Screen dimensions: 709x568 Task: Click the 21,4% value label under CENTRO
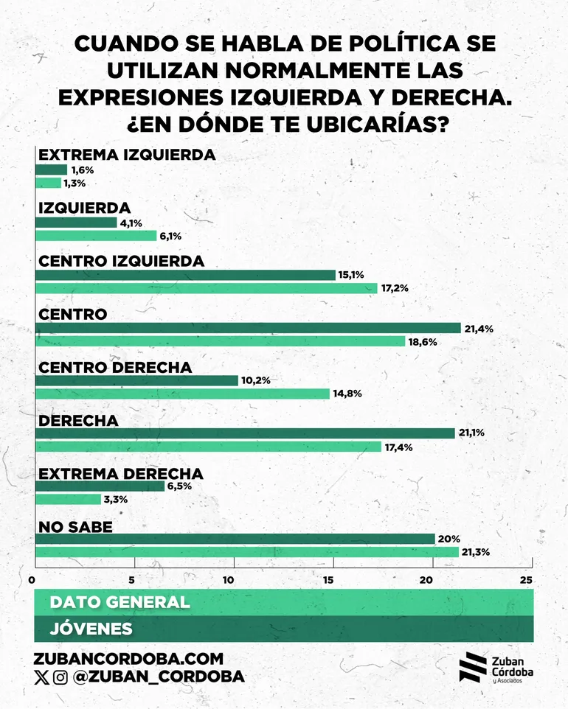click(478, 328)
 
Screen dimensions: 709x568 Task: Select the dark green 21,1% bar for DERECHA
click(245, 433)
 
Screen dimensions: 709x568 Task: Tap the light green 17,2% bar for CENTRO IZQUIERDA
click(207, 288)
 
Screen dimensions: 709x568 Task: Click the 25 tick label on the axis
click(526, 579)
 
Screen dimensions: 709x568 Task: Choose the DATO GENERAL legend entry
click(120, 602)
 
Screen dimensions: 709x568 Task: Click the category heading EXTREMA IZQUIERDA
click(126, 155)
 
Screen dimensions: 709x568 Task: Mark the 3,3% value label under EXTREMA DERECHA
click(116, 500)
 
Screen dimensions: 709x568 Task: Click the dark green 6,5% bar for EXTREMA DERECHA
click(100, 486)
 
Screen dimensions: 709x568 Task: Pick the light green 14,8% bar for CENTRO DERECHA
click(182, 394)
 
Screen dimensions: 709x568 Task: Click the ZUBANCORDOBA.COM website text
click(128, 659)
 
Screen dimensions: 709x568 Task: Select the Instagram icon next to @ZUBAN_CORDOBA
click(60, 677)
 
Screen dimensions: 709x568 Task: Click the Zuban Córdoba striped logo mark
click(472, 667)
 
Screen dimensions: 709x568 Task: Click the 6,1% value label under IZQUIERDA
click(169, 236)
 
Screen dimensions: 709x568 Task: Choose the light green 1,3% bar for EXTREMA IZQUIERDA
click(48, 183)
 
